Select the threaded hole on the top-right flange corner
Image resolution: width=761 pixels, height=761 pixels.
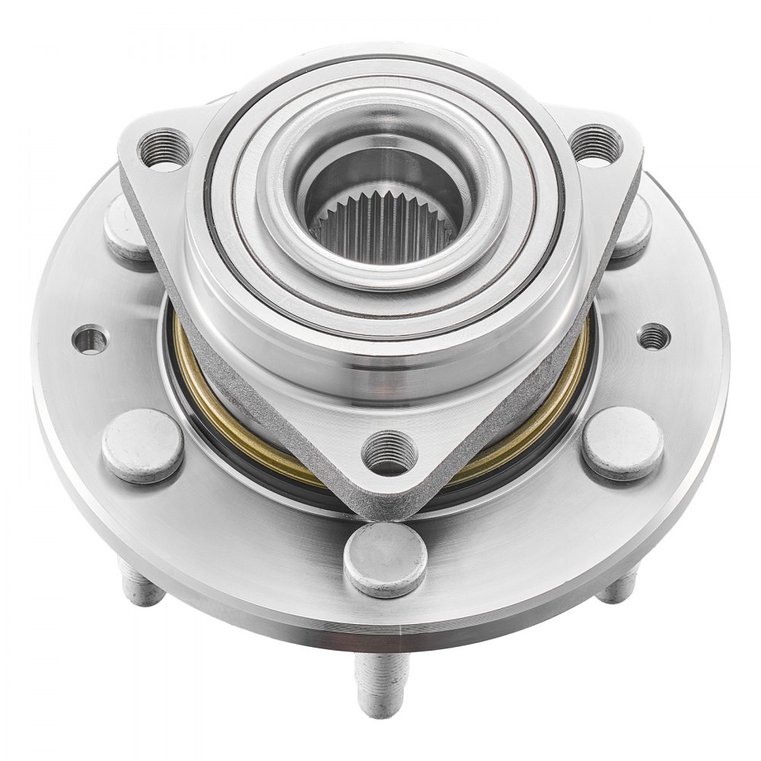point(596,144)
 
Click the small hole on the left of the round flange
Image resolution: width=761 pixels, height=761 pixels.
point(91,339)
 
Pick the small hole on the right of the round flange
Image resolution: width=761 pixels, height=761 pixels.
point(653,336)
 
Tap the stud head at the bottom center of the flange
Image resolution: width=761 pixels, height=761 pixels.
point(384,559)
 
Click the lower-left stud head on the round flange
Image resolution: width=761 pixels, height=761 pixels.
point(143,445)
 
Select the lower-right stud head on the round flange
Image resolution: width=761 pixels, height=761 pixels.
point(622,443)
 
